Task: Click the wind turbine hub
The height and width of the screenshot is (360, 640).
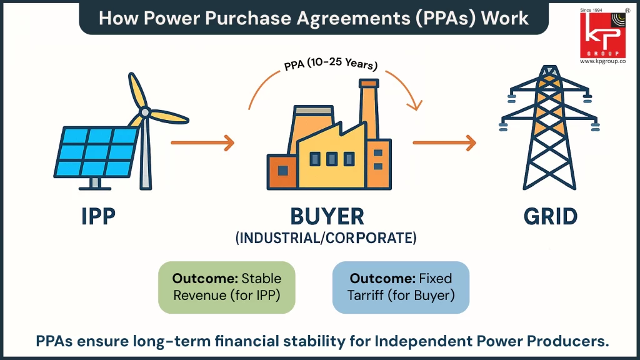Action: (145, 112)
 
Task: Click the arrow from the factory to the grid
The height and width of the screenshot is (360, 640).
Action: (444, 143)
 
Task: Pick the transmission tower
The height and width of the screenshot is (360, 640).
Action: (549, 131)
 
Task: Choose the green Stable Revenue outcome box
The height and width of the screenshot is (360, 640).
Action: (226, 287)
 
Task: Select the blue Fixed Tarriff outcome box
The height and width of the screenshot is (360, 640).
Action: (401, 287)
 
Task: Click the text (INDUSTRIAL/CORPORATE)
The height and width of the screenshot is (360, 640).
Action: (326, 238)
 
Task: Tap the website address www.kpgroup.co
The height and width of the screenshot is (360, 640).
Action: (602, 61)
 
